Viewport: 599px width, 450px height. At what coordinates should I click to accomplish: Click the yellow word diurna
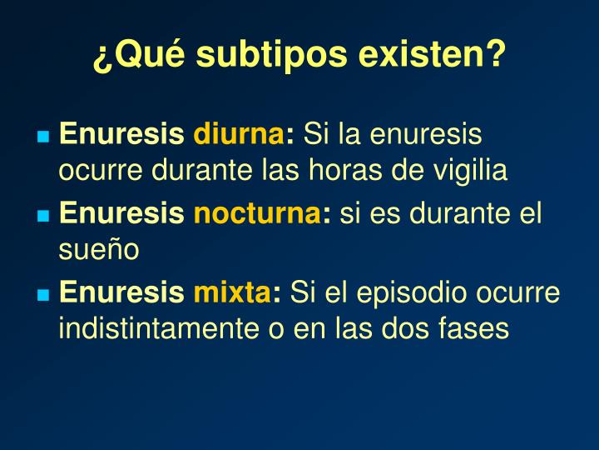coord(240,134)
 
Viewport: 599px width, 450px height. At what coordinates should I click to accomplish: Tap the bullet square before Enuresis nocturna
coord(43,216)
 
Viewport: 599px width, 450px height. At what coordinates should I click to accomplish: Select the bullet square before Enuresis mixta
coord(43,295)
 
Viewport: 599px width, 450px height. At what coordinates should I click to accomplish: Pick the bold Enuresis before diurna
coord(122,134)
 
